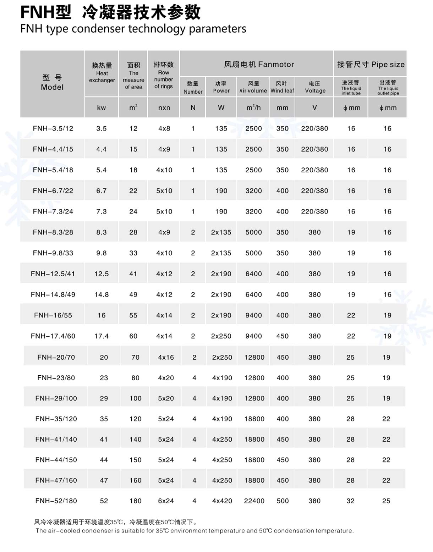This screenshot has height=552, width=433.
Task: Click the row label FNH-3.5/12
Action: tap(53, 128)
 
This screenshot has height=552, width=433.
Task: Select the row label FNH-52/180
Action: tap(56, 501)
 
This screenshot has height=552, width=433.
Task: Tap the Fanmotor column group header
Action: tap(259, 64)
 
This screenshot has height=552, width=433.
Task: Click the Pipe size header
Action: tap(371, 64)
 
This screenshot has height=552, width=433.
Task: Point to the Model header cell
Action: tap(52, 83)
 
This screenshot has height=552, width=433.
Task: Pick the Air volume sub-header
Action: tap(253, 87)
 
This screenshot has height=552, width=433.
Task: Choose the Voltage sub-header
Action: tap(315, 87)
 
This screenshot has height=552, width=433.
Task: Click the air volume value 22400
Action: tap(254, 501)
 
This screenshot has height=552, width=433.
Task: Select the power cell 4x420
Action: tap(222, 501)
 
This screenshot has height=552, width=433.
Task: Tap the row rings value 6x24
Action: tap(166, 501)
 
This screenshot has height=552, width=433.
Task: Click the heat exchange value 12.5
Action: tap(102, 274)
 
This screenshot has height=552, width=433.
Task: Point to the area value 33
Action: tap(133, 253)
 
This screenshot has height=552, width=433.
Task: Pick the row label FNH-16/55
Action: tap(53, 315)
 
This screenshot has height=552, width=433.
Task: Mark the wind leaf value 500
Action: tap(283, 501)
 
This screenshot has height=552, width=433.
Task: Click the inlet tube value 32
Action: tap(350, 501)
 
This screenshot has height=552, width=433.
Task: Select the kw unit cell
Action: tap(102, 108)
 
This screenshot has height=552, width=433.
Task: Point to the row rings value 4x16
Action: tap(166, 357)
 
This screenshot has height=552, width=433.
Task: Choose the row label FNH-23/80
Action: tap(56, 378)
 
